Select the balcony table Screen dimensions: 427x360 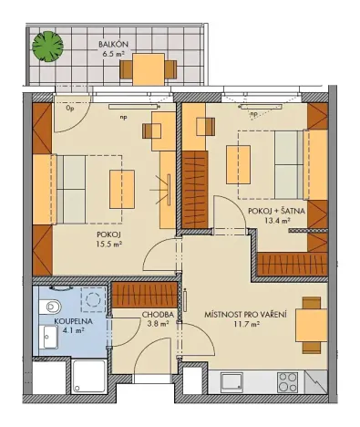point(149,67)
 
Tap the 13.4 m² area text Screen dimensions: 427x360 point(276,221)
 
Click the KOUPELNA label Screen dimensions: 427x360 point(70,322)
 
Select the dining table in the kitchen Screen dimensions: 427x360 point(311,324)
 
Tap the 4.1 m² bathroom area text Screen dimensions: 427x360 point(68,332)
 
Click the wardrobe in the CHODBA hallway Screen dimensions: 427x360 point(146,297)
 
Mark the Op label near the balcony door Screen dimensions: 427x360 point(69,107)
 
